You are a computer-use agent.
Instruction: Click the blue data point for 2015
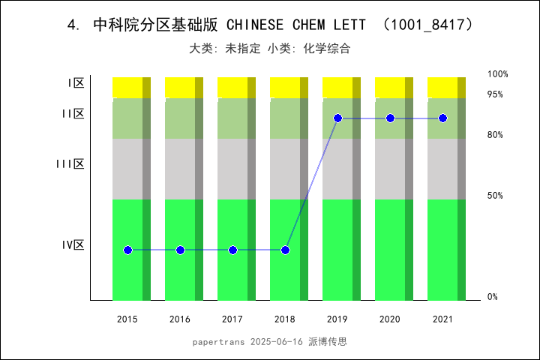pyautogui.click(x=127, y=250)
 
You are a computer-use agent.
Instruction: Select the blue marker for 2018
pyautogui.click(x=286, y=250)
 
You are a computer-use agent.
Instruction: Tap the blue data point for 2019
pyautogui.click(x=338, y=118)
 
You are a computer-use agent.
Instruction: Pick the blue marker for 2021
pyautogui.click(x=443, y=118)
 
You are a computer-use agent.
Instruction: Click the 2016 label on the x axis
pyautogui.click(x=180, y=319)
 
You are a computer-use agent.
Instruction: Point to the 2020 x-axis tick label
pyautogui.click(x=390, y=319)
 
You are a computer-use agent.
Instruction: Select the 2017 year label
pyautogui.click(x=232, y=319)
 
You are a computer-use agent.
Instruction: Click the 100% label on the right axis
pyautogui.click(x=498, y=74)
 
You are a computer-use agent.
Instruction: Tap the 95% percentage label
pyautogui.click(x=495, y=94)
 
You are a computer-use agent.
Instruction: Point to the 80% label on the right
pyautogui.click(x=495, y=135)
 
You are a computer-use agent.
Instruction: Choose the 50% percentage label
pyautogui.click(x=495, y=196)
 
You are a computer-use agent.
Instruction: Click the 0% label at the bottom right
pyautogui.click(x=493, y=297)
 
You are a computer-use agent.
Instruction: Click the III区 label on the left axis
pyautogui.click(x=70, y=164)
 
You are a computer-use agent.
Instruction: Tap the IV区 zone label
pyautogui.click(x=73, y=245)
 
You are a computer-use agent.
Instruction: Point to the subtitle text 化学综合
pyautogui.click(x=327, y=49)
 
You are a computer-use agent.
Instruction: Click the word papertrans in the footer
pyautogui.click(x=218, y=341)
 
